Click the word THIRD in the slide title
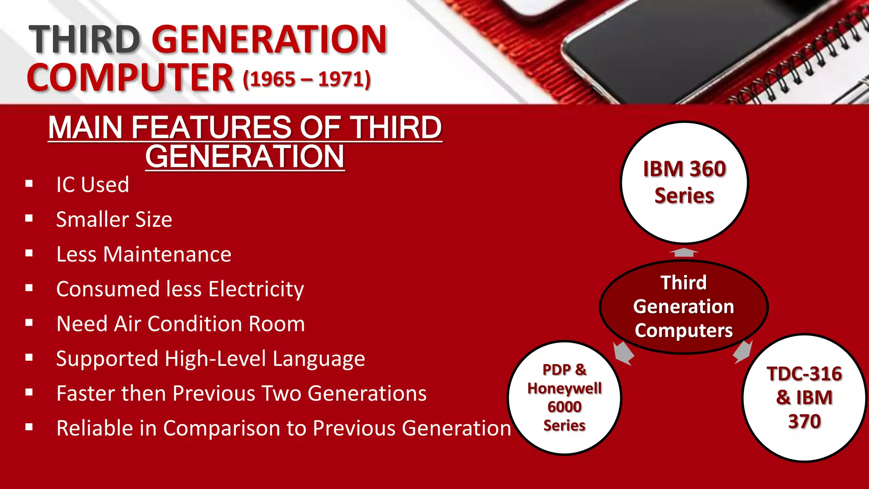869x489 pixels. click(x=84, y=39)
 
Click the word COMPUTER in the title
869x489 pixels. click(x=130, y=78)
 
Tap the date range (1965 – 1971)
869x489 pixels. click(x=307, y=79)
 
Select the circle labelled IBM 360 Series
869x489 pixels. click(x=684, y=183)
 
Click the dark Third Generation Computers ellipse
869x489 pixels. click(x=684, y=306)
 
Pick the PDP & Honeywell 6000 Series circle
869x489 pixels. click(x=564, y=398)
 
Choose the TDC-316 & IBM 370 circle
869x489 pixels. click(x=804, y=398)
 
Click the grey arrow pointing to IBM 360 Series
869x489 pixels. click(x=684, y=253)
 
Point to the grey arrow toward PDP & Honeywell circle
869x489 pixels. click(x=623, y=353)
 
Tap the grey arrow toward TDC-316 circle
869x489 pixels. click(x=743, y=351)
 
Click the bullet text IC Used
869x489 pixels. click(x=93, y=185)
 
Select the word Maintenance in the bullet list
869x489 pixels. click(x=167, y=254)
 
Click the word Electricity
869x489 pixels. click(x=256, y=289)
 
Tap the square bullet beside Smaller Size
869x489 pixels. click(x=29, y=219)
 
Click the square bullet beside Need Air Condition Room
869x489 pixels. click(x=29, y=323)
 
